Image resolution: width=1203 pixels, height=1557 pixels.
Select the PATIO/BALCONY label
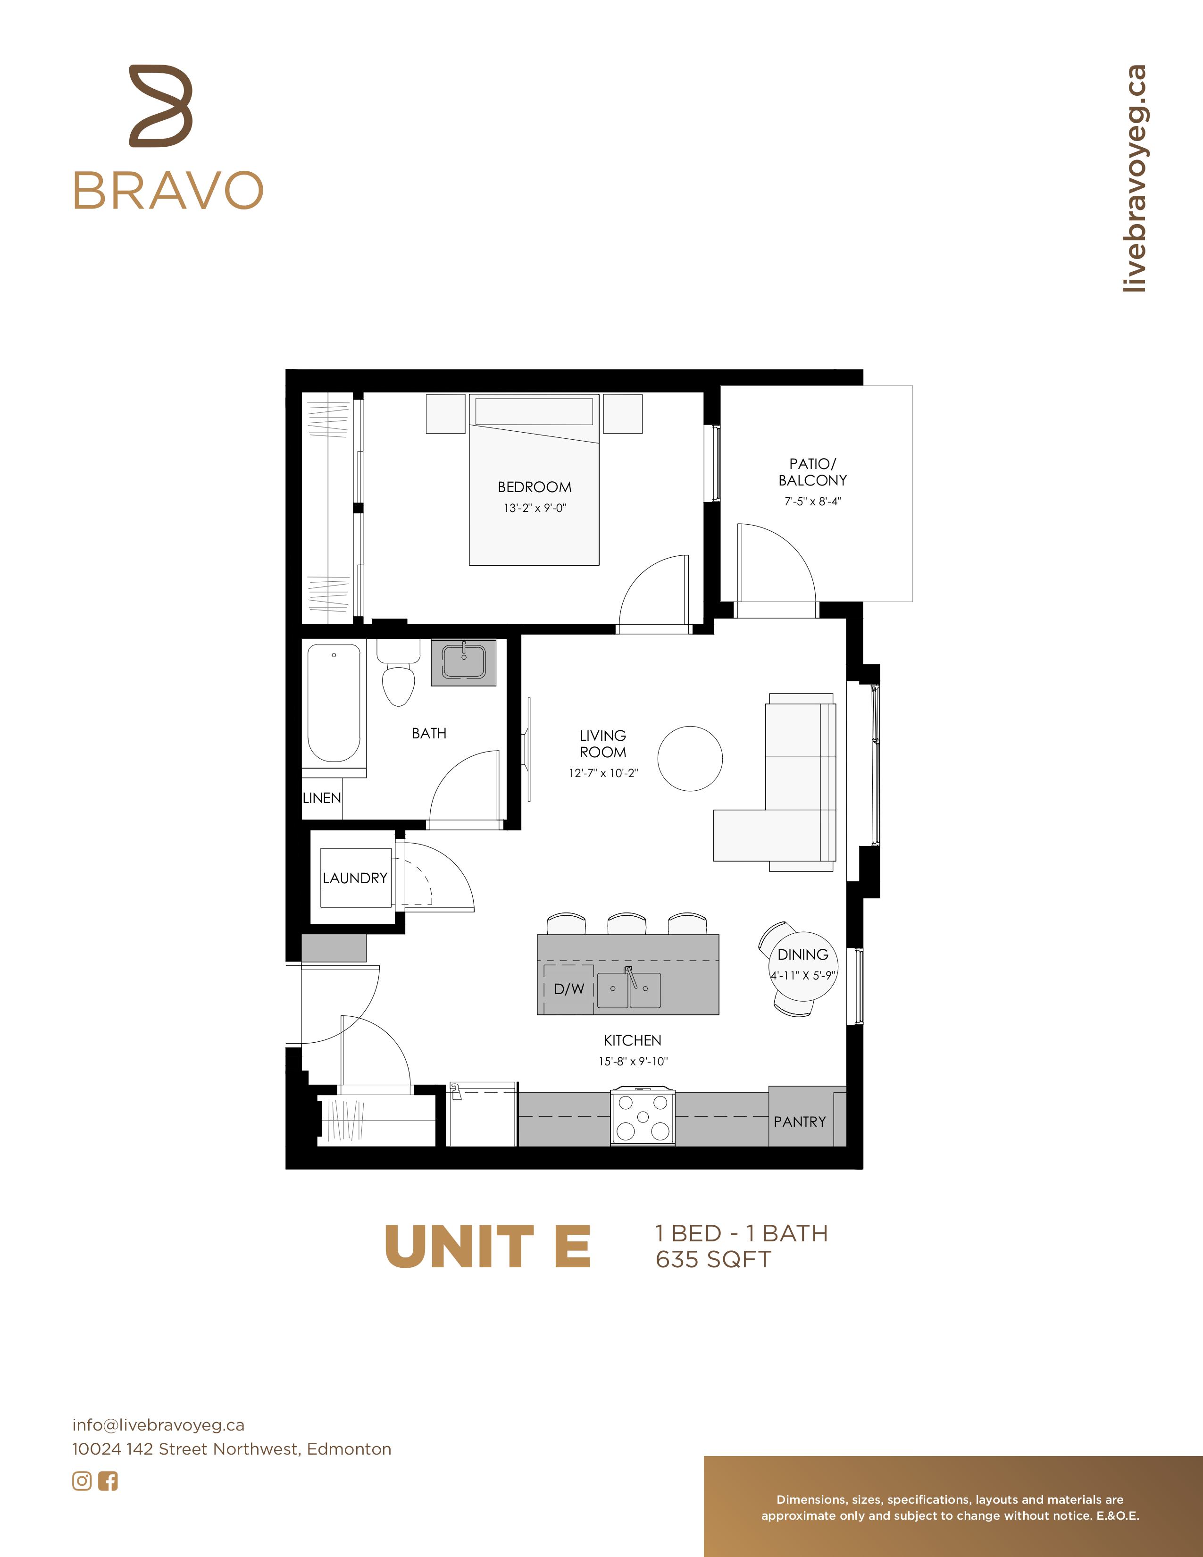pos(812,472)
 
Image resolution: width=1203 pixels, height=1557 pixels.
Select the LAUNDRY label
pos(355,879)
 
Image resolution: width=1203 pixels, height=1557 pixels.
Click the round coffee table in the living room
pos(690,759)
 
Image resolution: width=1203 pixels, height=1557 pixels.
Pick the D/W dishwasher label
pos(569,989)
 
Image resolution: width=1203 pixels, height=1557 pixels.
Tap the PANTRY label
pos(800,1122)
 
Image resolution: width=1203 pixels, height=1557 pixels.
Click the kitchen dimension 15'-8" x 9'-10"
pos(633,1062)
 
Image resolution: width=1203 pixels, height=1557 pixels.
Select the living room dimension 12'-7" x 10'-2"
pos(603,773)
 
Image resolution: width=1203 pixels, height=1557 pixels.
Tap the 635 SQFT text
pos(713,1260)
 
